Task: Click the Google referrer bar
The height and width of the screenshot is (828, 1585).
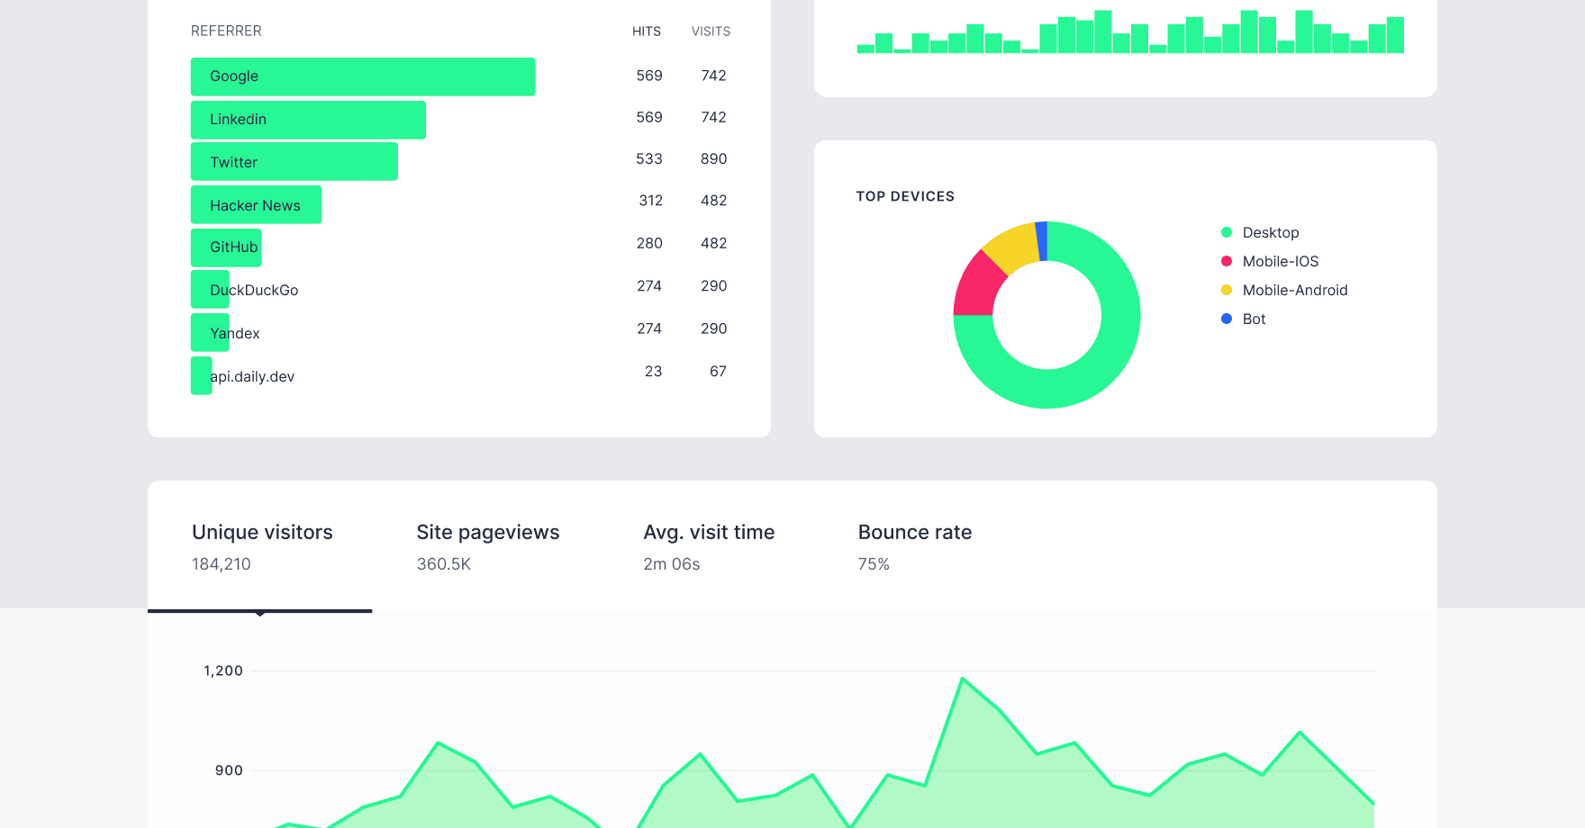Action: tap(363, 76)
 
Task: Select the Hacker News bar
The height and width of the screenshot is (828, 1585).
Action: tap(256, 205)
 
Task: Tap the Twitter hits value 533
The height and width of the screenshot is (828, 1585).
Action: tap(648, 159)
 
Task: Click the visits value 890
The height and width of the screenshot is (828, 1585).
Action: tap(713, 159)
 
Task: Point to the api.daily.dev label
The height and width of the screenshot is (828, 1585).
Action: tap(252, 376)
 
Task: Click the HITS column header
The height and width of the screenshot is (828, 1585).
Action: tap(646, 31)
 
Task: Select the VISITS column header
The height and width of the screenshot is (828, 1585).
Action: tap(711, 31)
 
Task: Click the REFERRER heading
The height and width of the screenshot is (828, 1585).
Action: tap(226, 31)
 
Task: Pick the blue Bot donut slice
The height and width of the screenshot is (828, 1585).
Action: tap(1042, 241)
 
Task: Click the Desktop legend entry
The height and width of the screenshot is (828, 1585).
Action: tap(1270, 232)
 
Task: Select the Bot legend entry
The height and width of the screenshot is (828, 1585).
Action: tap(1253, 319)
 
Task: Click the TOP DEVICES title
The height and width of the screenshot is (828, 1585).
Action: tap(905, 196)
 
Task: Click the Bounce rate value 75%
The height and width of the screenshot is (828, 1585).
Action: tap(874, 564)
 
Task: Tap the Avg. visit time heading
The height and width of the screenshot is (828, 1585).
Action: tap(709, 532)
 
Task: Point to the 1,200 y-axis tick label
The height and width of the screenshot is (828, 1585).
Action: tap(223, 670)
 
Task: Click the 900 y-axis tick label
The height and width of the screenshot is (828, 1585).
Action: tap(229, 770)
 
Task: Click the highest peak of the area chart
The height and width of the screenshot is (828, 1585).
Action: tap(963, 679)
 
